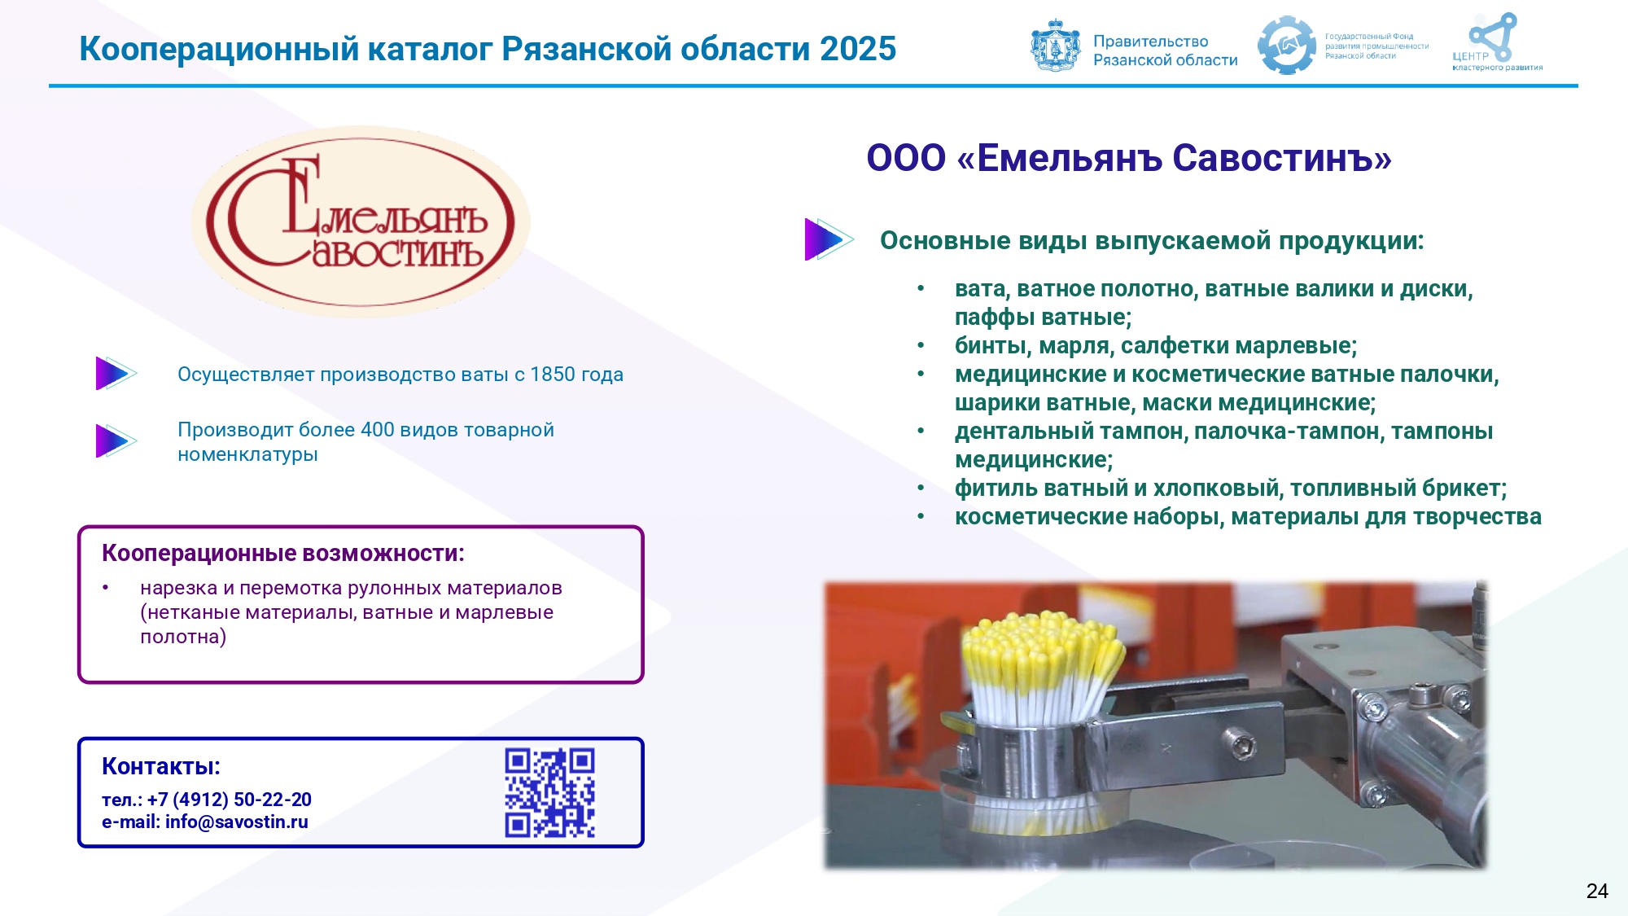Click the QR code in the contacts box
point(549,793)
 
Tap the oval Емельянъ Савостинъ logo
point(361,221)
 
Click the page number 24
point(1597,891)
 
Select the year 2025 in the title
point(858,49)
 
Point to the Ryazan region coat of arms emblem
point(1056,46)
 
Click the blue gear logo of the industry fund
point(1287,46)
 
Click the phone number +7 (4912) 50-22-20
point(230,800)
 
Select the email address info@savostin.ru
point(237,822)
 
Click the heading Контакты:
point(161,766)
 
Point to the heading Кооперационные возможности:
point(283,553)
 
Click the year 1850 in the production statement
point(553,375)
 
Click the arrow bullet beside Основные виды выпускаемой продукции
point(829,239)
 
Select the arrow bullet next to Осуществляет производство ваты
point(116,374)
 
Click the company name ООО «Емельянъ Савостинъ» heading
point(1129,158)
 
